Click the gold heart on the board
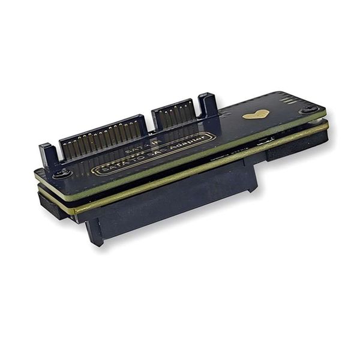click(256, 114)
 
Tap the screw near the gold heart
click(310, 109)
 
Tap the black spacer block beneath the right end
click(297, 147)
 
